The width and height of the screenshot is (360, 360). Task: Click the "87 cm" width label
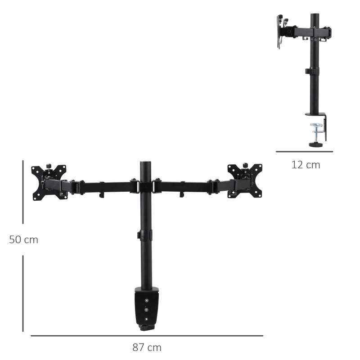point(147,347)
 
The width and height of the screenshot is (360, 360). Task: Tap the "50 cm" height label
point(24,240)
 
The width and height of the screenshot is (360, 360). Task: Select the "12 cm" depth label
point(306,165)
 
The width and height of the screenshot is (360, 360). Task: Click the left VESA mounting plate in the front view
point(49,182)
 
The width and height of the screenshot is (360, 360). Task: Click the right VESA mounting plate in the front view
point(245,180)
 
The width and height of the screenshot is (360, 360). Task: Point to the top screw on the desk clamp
point(146,301)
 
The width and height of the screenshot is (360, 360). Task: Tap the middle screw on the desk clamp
point(146,310)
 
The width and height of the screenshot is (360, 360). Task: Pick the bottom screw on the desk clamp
point(146,319)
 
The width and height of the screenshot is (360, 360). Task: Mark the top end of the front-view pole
point(146,163)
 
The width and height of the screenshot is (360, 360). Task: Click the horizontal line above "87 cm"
point(147,336)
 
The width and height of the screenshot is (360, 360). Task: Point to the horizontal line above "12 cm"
point(305,152)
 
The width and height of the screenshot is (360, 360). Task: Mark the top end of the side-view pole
point(315,15)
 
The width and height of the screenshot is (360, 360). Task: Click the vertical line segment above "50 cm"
point(23,193)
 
